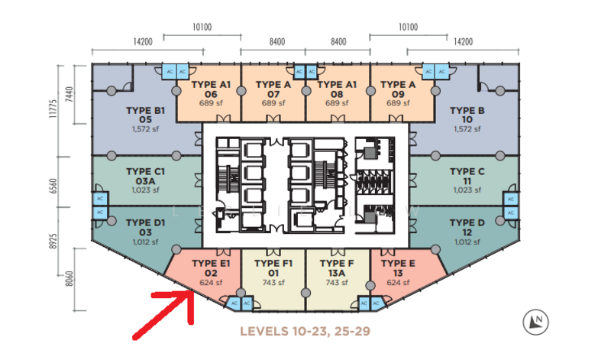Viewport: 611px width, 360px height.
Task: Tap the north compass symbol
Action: point(536,323)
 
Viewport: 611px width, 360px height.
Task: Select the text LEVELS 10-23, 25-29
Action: point(305,332)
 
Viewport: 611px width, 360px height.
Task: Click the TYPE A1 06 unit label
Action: point(212,89)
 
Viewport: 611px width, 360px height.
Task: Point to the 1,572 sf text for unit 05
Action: point(145,129)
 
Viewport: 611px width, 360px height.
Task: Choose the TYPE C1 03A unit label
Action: point(145,177)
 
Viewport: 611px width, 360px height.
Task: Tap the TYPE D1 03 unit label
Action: point(145,228)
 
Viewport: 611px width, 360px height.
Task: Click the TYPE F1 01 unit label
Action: point(273,268)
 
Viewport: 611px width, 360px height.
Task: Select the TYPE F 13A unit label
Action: point(337,268)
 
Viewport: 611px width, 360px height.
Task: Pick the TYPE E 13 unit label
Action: point(398,268)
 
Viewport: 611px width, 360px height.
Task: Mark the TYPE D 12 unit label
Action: point(467,228)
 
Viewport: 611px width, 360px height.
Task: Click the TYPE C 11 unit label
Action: point(467,177)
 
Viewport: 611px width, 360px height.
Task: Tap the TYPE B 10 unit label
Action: point(467,115)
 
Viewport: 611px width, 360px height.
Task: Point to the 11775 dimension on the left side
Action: point(53,109)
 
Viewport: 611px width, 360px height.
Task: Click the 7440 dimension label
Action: point(69,95)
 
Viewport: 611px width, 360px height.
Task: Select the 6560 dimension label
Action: point(53,186)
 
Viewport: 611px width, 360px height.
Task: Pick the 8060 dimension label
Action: point(69,279)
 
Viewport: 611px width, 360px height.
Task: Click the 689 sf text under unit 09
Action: point(398,103)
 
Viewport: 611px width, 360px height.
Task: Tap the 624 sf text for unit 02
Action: point(212,282)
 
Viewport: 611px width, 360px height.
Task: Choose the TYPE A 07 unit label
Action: point(273,89)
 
